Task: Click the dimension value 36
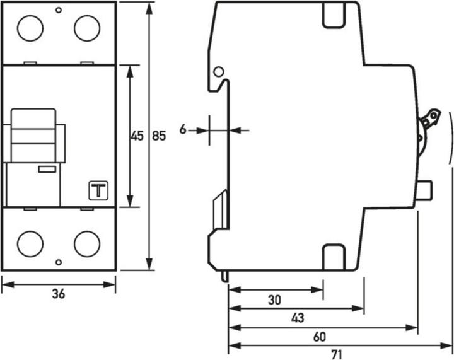pos(59,294)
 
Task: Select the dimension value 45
pos(137,136)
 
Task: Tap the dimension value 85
pos(159,136)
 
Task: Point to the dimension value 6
pos(183,129)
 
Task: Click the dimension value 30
pos(274,300)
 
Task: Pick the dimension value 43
pos(298,318)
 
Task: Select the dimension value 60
pos(319,337)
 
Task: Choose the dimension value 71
pos(337,354)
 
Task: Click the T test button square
pos(98,190)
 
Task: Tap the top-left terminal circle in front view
pos(30,28)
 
